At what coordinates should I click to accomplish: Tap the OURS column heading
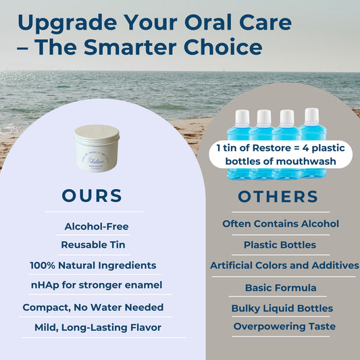pyautogui.click(x=92, y=196)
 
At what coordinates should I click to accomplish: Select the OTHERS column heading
pyautogui.click(x=278, y=197)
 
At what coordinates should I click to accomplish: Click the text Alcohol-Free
pyautogui.click(x=97, y=227)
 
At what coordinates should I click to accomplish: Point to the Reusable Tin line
pyautogui.click(x=93, y=245)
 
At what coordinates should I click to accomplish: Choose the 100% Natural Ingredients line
pyautogui.click(x=93, y=265)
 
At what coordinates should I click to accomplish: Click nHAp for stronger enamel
pyautogui.click(x=97, y=285)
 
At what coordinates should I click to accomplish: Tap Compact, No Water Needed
pyautogui.click(x=93, y=307)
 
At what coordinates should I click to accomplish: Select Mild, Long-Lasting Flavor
pyautogui.click(x=98, y=328)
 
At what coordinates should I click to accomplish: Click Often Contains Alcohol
pyautogui.click(x=280, y=224)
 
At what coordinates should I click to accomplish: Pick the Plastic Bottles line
pyautogui.click(x=280, y=245)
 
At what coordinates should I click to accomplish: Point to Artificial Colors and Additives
pyautogui.click(x=284, y=265)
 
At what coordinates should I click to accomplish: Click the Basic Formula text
pyautogui.click(x=280, y=288)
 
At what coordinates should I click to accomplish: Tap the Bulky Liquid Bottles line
pyautogui.click(x=282, y=308)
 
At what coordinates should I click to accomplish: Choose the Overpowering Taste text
pyautogui.click(x=284, y=326)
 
